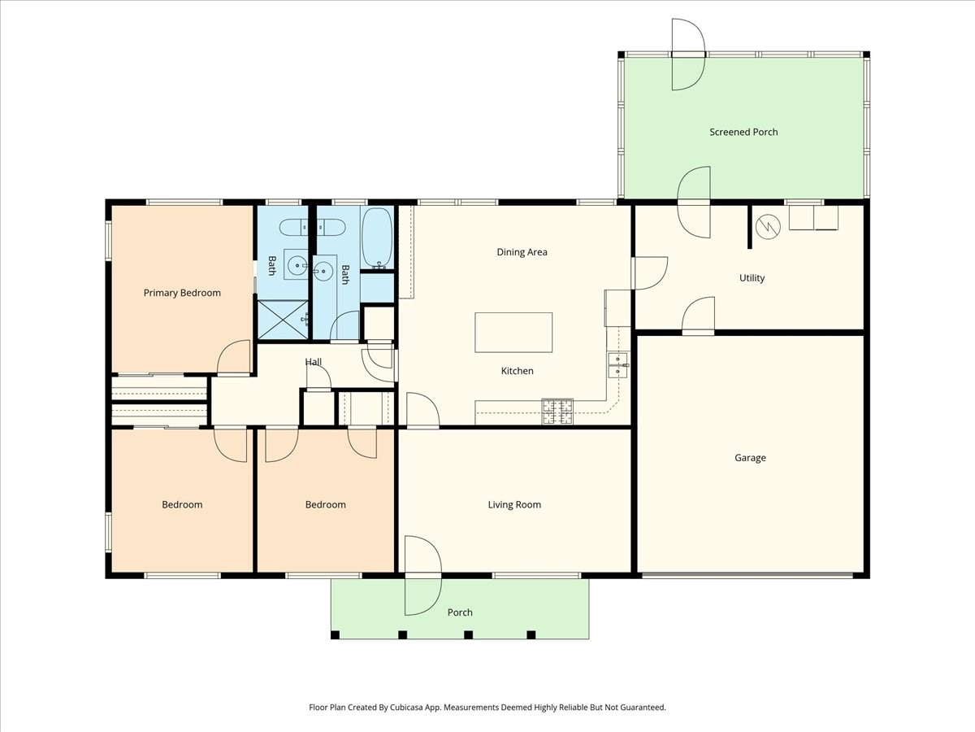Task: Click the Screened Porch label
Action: coord(743,132)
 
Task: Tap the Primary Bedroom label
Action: coord(182,293)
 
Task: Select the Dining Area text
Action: coord(522,252)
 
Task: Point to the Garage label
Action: coord(750,458)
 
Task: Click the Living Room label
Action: coord(514,504)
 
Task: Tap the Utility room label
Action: coord(752,278)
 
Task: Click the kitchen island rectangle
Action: coord(513,333)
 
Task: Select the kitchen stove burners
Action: coord(557,412)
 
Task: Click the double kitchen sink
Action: coord(617,365)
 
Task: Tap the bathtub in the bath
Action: coord(377,238)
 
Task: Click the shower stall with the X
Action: coord(283,320)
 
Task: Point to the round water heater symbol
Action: coord(768,227)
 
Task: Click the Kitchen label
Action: coord(517,371)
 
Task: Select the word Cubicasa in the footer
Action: coord(407,707)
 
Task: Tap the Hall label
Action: coord(313,362)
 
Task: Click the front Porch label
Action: coord(460,612)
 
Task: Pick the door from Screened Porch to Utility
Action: coord(693,203)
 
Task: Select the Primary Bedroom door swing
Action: coord(234,358)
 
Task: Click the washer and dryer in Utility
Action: coord(813,218)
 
